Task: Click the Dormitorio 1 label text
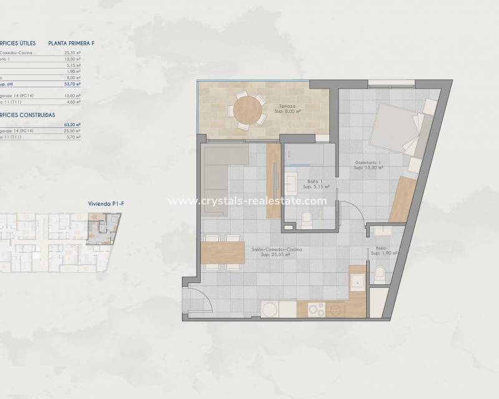pos(367,165)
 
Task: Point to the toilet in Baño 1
pos(306,219)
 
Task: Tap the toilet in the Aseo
pos(380,274)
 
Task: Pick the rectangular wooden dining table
pos(223,254)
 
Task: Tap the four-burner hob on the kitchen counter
pos(316,309)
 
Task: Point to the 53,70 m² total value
pos(73,83)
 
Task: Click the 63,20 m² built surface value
pos(73,125)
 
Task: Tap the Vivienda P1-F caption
pos(102,203)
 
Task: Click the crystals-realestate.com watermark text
pos(248,201)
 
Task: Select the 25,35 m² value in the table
pos(73,53)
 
